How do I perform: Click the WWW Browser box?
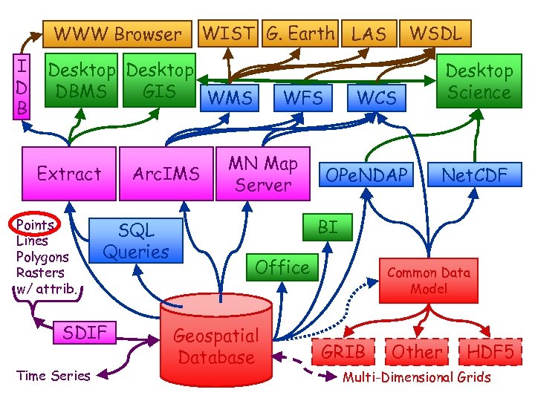[117, 34]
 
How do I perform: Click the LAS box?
[368, 33]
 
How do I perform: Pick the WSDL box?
[436, 33]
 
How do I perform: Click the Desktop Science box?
[479, 82]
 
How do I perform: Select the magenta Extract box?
[69, 174]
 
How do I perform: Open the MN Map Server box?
[262, 174]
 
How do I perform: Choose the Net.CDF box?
[474, 175]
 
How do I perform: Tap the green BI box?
[327, 227]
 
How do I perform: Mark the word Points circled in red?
[35, 225]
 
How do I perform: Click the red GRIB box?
[344, 352]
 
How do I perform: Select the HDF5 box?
[490, 352]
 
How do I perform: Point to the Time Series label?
[53, 376]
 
